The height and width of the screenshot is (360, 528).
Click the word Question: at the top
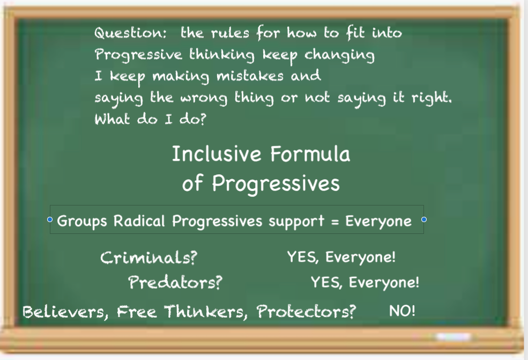click(x=130, y=33)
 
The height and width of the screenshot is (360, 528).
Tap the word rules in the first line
click(x=230, y=33)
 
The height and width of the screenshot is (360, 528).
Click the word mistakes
click(x=250, y=76)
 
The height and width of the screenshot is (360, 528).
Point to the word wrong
click(x=204, y=99)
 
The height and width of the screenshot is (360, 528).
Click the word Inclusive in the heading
click(x=217, y=154)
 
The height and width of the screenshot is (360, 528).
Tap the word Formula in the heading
click(x=310, y=154)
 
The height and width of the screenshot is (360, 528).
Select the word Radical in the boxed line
click(x=139, y=221)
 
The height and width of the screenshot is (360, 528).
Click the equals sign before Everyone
click(x=334, y=222)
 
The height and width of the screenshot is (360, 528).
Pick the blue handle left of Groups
click(x=50, y=219)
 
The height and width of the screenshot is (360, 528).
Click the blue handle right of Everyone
click(x=424, y=219)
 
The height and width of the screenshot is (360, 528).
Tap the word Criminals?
click(x=148, y=258)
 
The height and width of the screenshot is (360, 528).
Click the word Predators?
click(x=175, y=282)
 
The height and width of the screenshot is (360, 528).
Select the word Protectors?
click(x=306, y=312)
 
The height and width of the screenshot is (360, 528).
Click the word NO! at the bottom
click(x=402, y=311)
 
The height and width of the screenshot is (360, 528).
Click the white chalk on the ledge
click(x=453, y=336)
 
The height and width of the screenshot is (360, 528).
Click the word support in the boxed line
click(x=296, y=222)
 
